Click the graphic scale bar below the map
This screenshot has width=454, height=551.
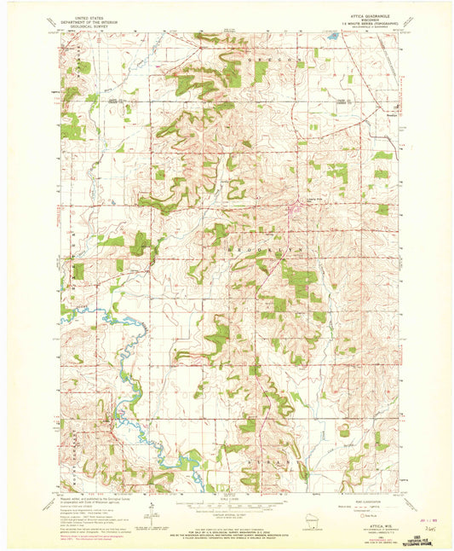(227, 502)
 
